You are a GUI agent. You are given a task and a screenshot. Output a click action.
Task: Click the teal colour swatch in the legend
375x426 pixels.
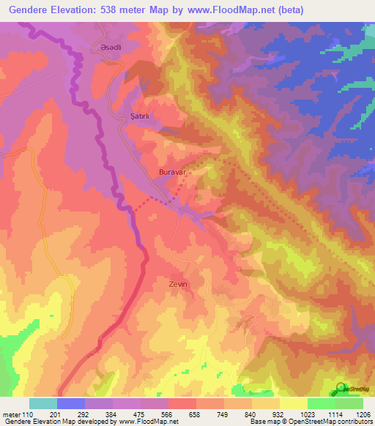coord(43,403)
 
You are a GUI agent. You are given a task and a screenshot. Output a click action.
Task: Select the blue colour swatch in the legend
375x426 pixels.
coord(71,403)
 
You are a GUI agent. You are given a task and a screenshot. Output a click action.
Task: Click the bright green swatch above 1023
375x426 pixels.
coord(321,403)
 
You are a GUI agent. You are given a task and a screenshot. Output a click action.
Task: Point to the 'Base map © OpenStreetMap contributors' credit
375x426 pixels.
coord(309,422)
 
